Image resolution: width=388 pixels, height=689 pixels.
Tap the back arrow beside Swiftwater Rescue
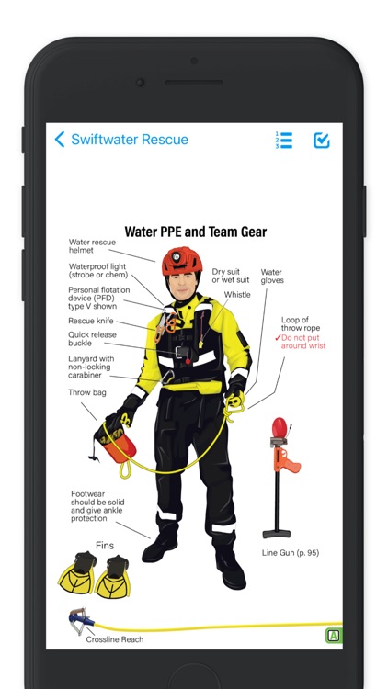point(60,140)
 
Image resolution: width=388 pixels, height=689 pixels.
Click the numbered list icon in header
point(284,141)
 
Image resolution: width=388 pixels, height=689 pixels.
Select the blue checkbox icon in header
point(322,141)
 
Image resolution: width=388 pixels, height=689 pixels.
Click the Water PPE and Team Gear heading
point(195,232)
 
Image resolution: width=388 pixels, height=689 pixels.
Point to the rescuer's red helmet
point(182,261)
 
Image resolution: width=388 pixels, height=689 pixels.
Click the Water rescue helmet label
point(92,246)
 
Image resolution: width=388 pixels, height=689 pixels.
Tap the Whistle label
point(237,294)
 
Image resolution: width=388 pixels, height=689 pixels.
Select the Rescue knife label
point(91,321)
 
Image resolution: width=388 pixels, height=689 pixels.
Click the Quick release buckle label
point(92,339)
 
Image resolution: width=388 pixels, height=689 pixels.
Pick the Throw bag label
point(87,392)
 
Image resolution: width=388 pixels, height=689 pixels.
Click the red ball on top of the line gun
point(280,427)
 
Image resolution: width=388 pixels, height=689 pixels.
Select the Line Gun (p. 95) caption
point(291,553)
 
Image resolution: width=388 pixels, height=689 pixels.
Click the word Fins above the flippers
point(105,546)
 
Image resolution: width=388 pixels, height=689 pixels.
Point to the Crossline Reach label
point(115,639)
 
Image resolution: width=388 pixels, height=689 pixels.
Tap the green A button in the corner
point(334,636)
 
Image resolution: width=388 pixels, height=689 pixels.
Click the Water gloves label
point(272,276)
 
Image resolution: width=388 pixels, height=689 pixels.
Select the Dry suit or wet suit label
point(231,276)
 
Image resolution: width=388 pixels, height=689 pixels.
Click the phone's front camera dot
point(141,82)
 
